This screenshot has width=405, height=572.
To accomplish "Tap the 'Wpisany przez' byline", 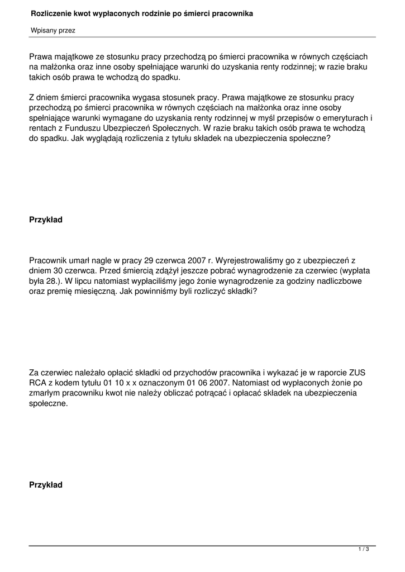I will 53,31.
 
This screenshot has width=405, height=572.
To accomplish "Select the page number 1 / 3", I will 364,550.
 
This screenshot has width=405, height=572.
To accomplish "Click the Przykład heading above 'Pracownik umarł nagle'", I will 46,220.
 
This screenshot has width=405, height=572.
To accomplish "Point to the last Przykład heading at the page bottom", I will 46,485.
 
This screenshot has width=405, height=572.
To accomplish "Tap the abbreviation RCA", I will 38,383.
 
